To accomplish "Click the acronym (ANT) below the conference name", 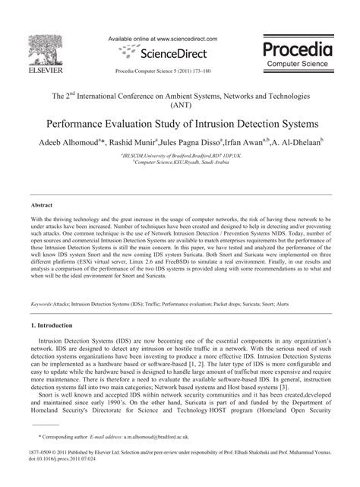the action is pos(179,106).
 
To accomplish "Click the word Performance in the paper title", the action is pos(90,123).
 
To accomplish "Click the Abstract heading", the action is pos(41,205).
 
